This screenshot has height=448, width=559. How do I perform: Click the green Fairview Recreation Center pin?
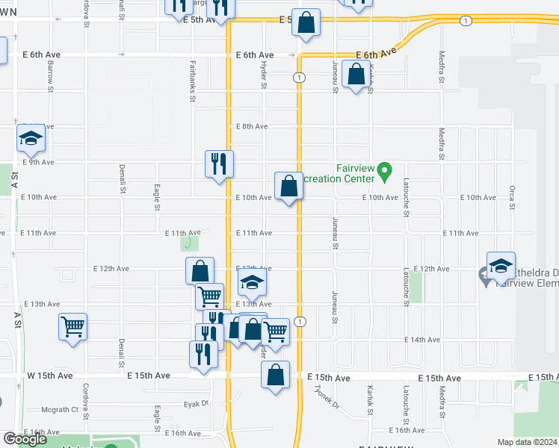coord(385,171)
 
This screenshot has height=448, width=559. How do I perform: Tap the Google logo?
coord(25,439)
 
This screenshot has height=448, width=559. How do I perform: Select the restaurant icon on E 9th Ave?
coord(220,164)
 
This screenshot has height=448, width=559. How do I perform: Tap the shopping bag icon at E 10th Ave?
coord(288,187)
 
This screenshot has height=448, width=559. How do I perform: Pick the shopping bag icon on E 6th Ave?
coord(356,75)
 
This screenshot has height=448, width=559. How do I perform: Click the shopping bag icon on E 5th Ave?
coord(306,23)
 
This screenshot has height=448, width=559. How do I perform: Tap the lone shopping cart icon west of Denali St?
coord(72,326)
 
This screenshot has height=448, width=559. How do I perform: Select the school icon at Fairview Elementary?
coord(501,266)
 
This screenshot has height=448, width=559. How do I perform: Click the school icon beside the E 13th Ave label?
coord(253,284)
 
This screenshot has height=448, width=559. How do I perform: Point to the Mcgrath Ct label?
coord(61,409)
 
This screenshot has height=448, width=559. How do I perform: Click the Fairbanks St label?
coord(193,81)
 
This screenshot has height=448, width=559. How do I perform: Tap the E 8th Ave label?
coord(252,126)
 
